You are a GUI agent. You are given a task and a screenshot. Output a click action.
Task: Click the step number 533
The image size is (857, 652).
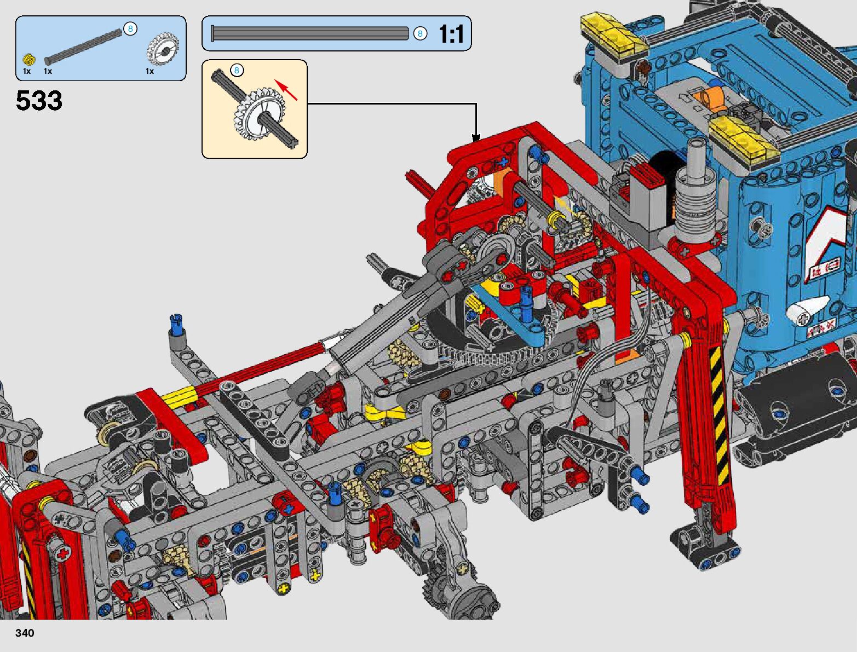[x=39, y=100]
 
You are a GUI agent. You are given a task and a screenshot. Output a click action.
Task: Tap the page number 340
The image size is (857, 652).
[x=25, y=633]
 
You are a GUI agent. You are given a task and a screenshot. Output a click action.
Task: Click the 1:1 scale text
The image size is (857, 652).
[x=452, y=33]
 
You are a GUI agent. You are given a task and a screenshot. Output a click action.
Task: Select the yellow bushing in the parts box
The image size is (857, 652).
[x=29, y=60]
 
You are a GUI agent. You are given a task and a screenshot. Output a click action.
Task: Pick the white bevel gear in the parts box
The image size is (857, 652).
[x=163, y=49]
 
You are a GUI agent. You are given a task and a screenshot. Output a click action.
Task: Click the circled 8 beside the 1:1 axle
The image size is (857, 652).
[x=420, y=33]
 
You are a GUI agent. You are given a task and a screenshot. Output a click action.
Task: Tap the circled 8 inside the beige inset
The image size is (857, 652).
[x=237, y=70]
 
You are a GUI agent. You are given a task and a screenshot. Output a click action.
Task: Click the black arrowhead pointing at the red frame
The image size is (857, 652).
[x=476, y=138]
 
